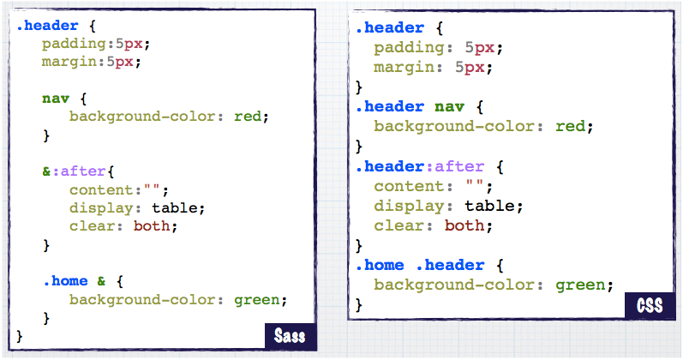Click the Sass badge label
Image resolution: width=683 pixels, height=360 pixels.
coord(290,334)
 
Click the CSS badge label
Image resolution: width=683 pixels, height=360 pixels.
coord(650,304)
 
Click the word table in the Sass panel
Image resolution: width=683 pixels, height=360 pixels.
coord(178,207)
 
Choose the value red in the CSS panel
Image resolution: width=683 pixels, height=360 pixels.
coord(570,126)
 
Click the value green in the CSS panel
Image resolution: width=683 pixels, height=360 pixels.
coord(584,285)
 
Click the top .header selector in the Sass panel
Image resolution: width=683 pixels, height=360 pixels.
coord(46,26)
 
